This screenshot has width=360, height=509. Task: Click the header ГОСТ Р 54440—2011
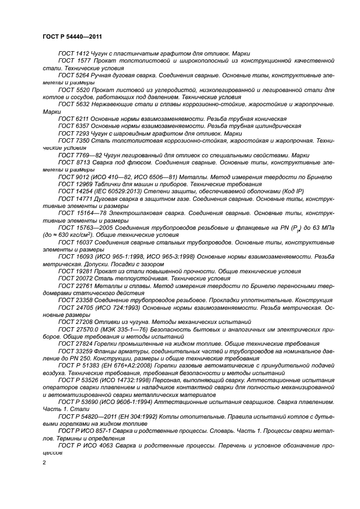click(x=73, y=36)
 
